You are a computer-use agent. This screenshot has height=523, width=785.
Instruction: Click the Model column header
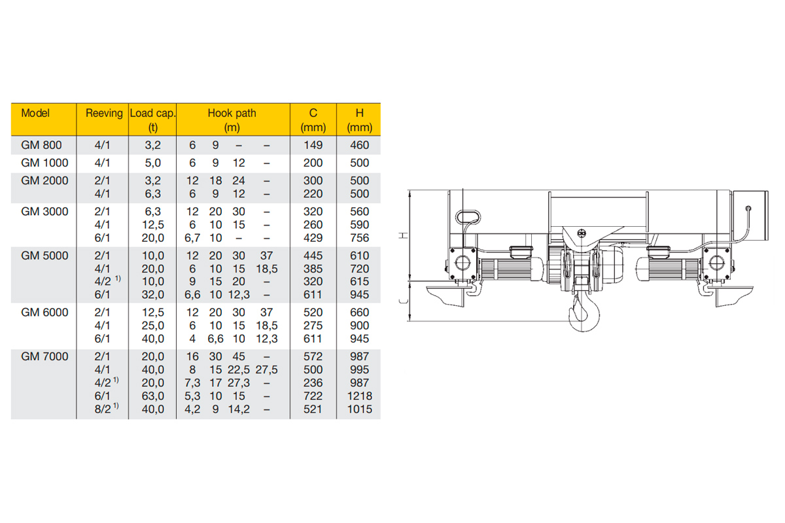pyautogui.click(x=35, y=113)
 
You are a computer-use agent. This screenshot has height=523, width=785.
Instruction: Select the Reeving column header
pyautogui.click(x=104, y=113)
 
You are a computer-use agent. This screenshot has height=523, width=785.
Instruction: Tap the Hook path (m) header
pyautogui.click(x=232, y=120)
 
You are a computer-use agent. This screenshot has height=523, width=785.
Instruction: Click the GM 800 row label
pyautogui.click(x=41, y=145)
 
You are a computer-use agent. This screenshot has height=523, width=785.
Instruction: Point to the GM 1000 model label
pyautogui.click(x=44, y=163)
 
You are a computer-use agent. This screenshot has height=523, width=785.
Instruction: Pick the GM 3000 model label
pyautogui.click(x=44, y=212)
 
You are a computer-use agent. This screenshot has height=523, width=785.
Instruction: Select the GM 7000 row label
pyautogui.click(x=44, y=356)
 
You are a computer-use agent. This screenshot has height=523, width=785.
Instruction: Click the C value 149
pyautogui.click(x=313, y=145)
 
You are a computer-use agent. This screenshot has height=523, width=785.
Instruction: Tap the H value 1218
pyautogui.click(x=360, y=396)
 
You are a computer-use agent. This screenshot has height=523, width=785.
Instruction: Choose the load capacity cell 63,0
pyautogui.click(x=153, y=396)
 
